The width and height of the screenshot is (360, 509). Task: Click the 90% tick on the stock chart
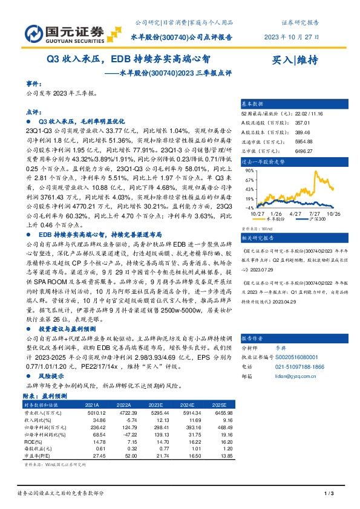point(249,171)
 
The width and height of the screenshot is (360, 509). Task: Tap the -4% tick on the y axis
point(249,207)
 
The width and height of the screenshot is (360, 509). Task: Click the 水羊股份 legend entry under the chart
point(275,219)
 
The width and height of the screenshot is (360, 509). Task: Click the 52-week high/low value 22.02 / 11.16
point(308,112)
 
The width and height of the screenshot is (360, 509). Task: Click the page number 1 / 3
point(329,494)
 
